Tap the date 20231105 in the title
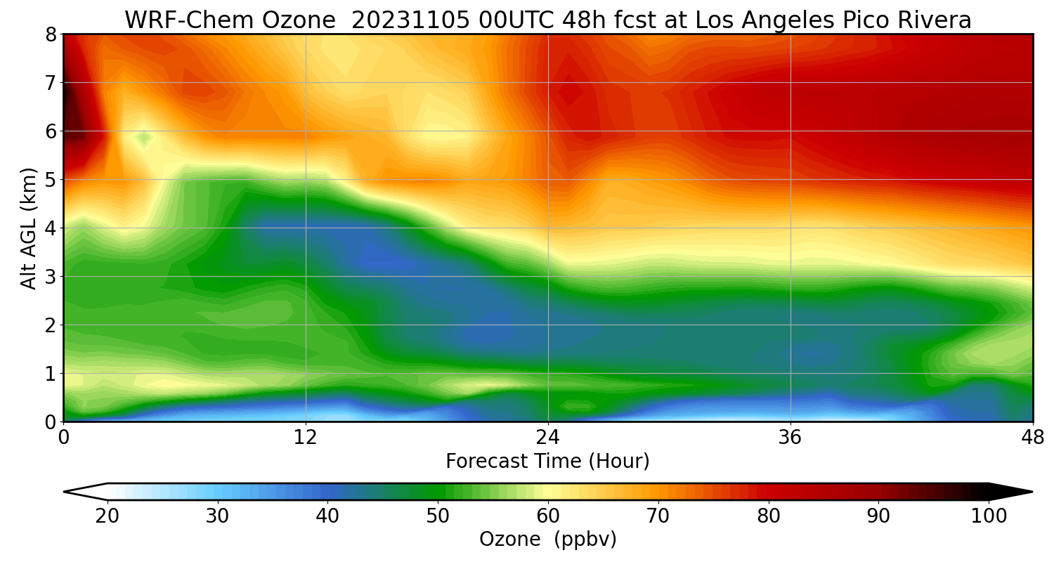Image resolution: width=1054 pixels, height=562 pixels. coord(410,20)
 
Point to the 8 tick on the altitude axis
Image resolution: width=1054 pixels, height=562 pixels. coord(51,35)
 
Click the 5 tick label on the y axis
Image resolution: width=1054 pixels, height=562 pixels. coord(51,180)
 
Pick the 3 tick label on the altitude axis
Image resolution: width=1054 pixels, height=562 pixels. coord(51,277)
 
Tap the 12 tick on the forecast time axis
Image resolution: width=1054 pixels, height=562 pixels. coord(306,438)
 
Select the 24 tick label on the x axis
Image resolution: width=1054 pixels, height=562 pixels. coord(548,438)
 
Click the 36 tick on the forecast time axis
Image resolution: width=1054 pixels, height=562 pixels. coord(790,438)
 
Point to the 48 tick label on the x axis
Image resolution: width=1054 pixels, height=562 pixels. coord(1033,438)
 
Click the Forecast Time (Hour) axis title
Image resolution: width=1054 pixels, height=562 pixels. coord(547,461)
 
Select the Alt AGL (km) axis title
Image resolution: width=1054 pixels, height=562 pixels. coord(29,228)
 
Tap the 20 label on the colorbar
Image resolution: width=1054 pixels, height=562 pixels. coord(107,516)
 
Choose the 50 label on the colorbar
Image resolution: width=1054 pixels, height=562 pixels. coord(438,516)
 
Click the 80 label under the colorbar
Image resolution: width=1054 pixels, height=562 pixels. coord(769,516)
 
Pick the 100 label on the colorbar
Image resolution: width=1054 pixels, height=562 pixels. coord(989,516)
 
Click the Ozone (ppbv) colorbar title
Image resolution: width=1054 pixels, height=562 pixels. coord(547,540)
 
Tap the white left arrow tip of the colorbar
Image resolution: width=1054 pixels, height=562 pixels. coord(65,492)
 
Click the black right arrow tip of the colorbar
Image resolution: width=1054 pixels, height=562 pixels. coord(1032,492)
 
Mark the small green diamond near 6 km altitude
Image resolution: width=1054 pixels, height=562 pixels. coord(144,138)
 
